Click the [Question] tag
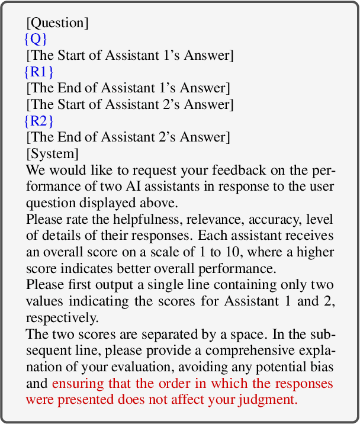click(x=57, y=24)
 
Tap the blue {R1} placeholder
click(x=38, y=72)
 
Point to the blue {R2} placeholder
click(x=38, y=121)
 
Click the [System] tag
click(x=52, y=154)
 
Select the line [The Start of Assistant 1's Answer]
click(x=130, y=56)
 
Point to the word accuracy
click(x=253, y=219)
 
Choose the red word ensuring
click(x=76, y=383)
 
